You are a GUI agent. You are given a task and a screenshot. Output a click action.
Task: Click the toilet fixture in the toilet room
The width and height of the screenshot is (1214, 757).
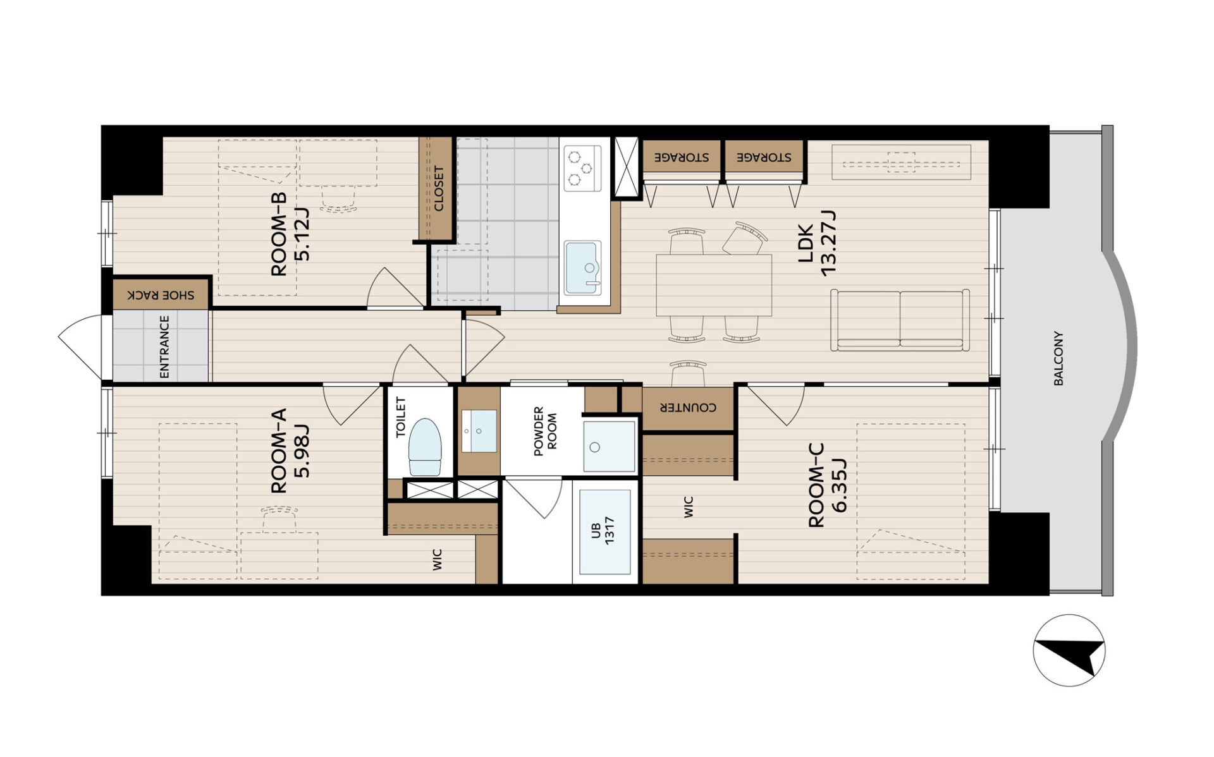425,447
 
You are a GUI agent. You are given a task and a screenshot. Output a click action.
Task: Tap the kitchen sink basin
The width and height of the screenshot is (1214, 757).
582,268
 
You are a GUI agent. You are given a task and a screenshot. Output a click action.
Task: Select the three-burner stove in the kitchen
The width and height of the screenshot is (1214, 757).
582,167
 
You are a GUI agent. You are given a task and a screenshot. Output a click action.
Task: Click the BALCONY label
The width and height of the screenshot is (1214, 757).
1058,358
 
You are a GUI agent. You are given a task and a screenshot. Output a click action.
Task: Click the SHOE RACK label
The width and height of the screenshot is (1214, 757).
161,295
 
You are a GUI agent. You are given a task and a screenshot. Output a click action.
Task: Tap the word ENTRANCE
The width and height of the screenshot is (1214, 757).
164,347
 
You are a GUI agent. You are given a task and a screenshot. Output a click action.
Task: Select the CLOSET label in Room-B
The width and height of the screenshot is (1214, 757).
438,188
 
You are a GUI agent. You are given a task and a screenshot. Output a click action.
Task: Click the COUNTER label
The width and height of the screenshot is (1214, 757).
688,408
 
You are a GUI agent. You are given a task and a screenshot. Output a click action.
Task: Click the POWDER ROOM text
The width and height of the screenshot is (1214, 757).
545,432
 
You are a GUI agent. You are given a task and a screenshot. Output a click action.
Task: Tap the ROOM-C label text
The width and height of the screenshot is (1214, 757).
816,485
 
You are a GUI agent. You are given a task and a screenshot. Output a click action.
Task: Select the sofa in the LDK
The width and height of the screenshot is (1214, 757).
900,320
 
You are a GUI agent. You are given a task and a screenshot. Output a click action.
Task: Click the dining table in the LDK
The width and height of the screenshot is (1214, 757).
714,285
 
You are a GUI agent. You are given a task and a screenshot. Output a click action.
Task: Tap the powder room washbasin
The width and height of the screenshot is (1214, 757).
479,431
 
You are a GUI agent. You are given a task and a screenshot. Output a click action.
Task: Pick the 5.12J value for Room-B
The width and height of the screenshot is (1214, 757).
302,233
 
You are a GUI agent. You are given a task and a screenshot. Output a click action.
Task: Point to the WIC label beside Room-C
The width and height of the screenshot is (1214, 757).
689,507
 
